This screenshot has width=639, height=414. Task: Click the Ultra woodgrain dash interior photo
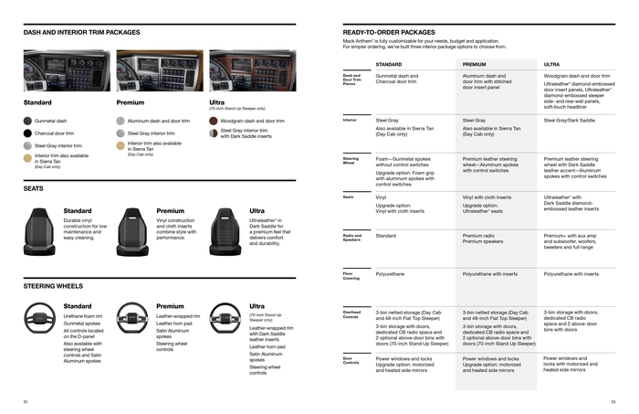click(253, 70)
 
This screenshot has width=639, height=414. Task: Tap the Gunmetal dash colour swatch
click(27, 121)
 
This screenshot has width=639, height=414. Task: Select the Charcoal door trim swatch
click(27, 133)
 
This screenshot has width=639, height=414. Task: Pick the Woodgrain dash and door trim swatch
click(213, 121)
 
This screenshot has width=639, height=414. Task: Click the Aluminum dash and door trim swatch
click(120, 121)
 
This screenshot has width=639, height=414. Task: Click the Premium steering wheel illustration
click(133, 317)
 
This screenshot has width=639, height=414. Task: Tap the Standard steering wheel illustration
click(40, 317)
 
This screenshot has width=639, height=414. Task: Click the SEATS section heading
click(34, 188)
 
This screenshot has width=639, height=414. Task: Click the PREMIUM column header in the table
click(475, 65)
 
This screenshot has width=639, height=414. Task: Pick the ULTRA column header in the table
click(551, 65)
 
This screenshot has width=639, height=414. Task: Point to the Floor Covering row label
click(351, 273)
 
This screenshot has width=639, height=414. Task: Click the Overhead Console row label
click(352, 314)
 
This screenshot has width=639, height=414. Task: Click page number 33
click(613, 400)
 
